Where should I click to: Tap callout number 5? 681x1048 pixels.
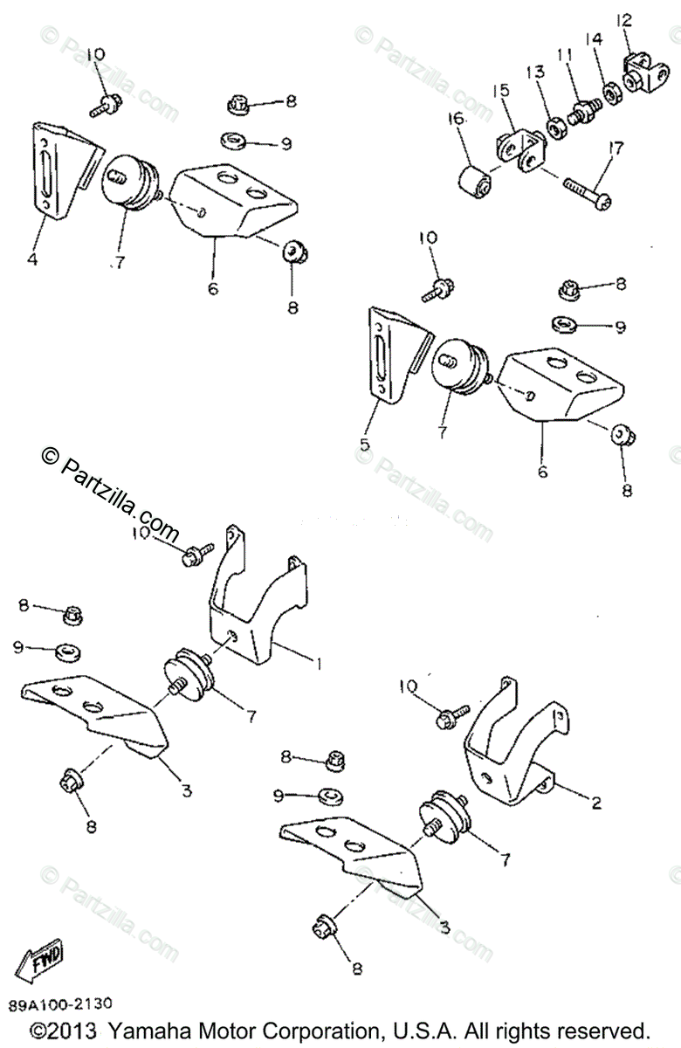364,444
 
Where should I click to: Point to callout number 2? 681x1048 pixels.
596,803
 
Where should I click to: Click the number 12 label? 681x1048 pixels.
623,18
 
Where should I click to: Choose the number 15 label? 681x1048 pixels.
499,91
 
